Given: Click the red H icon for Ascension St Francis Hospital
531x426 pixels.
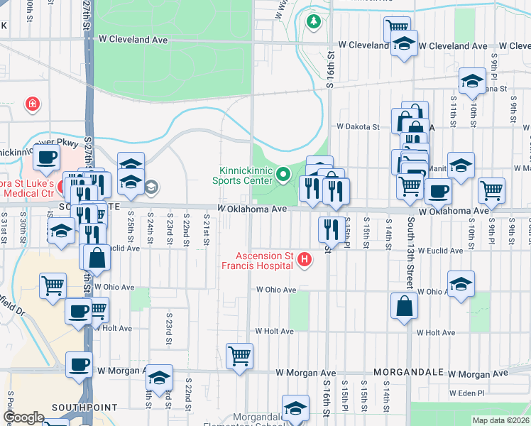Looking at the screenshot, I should click(x=305, y=260).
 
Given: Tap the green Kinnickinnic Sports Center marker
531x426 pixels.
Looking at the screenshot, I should click(x=283, y=173).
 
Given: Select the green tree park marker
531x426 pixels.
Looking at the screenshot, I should click(x=313, y=22).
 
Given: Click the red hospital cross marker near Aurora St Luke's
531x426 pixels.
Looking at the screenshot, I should click(x=32, y=105).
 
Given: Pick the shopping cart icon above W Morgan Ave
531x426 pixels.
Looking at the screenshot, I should click(x=240, y=356).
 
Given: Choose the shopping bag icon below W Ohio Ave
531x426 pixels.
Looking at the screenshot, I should click(x=404, y=307).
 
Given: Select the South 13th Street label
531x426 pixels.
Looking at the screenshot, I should click(x=410, y=248).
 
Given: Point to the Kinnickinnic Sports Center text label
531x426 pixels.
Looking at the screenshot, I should click(x=246, y=176).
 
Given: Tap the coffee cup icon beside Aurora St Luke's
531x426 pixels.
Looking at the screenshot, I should click(x=46, y=158).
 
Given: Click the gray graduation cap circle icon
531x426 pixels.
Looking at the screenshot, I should click(x=150, y=187).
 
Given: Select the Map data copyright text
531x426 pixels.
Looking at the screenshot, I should click(x=500, y=420).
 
